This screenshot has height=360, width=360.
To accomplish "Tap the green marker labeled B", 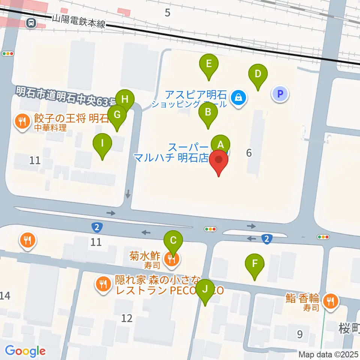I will pos(208,111).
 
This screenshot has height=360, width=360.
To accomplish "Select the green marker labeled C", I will pos(173,240).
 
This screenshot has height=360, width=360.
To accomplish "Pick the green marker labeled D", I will pos(258,73).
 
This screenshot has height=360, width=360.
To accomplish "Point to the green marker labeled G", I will pos(117,115).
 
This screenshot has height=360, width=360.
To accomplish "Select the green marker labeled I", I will pos(103,143).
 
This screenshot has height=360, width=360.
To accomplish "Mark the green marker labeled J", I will pos(205,289).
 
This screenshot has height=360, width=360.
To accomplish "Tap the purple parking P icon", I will pos(280,94).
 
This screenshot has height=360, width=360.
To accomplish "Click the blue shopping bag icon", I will pos(238,99).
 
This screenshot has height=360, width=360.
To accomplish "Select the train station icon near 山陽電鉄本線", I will pos(31,23).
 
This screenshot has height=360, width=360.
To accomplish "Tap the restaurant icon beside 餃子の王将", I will pos(22,121).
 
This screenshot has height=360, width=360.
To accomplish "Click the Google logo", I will pos(25,351).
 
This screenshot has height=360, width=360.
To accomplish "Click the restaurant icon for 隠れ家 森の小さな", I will pos(103,284).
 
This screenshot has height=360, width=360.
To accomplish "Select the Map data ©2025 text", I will pos(328,354).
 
